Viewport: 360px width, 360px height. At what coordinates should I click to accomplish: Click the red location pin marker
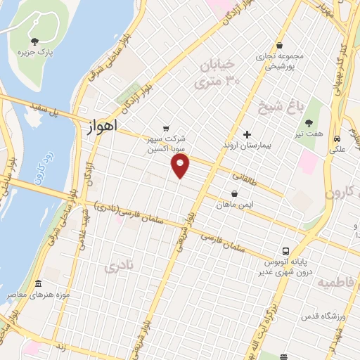[x=181, y=165]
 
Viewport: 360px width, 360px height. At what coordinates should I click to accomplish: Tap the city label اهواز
[x=101, y=128]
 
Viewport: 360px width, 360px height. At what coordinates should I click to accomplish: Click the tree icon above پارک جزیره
[x=36, y=42]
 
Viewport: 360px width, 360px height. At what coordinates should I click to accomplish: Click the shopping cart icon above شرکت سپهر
[x=165, y=128]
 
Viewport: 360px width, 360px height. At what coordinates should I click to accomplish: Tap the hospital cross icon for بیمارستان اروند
[x=246, y=134]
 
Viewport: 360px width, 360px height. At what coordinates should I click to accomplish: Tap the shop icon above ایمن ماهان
[x=234, y=193]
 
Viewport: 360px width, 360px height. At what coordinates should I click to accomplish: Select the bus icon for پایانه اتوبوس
[x=286, y=251]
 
